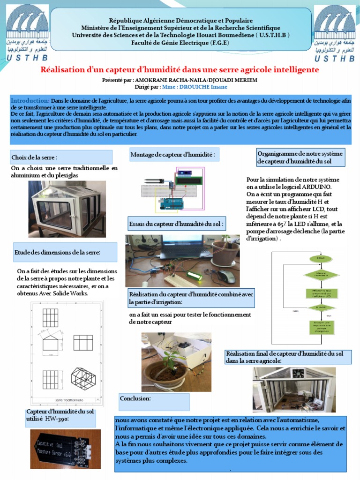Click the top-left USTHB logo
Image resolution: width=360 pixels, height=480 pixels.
point(26,33)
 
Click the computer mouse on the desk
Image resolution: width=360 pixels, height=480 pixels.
point(227,276)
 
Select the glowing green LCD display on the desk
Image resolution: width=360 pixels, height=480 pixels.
point(194,276)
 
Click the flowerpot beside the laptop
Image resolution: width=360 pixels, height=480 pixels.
point(226,253)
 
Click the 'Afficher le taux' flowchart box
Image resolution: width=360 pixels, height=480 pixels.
point(321,294)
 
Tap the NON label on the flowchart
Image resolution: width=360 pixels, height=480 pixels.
point(295,311)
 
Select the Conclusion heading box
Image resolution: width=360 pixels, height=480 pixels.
point(154,402)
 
